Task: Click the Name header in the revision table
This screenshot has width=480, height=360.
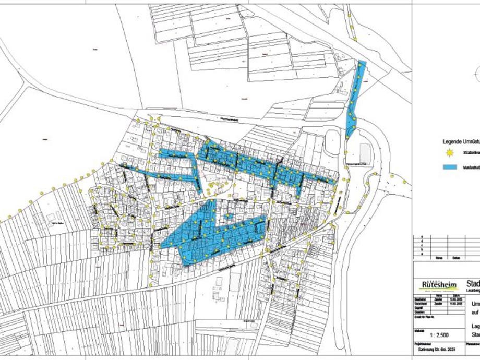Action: pyautogui.click(x=440, y=258)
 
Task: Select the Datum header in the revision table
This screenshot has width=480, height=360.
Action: pyautogui.click(x=457, y=258)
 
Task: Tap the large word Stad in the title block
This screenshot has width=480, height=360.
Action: pyautogui.click(x=473, y=283)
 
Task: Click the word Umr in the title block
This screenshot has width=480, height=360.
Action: pyautogui.click(x=475, y=303)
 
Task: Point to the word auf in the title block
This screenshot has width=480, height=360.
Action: pyautogui.click(x=475, y=312)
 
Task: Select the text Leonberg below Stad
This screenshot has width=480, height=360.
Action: pyautogui.click(x=473, y=291)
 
